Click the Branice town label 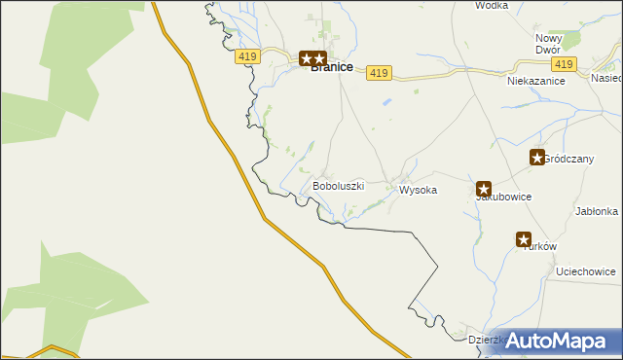click(331, 68)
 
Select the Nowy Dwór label click(549, 44)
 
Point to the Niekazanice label click(535, 82)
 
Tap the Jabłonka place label click(597, 211)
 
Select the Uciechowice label click(585, 271)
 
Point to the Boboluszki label click(338, 185)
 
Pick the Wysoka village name click(418, 191)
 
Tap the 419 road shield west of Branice click(246, 57)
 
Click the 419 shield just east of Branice click(380, 73)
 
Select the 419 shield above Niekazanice click(563, 63)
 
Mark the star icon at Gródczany click(536, 157)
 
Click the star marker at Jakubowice click(484, 189)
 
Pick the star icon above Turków click(524, 239)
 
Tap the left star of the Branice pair click(306, 58)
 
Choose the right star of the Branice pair click(319, 58)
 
